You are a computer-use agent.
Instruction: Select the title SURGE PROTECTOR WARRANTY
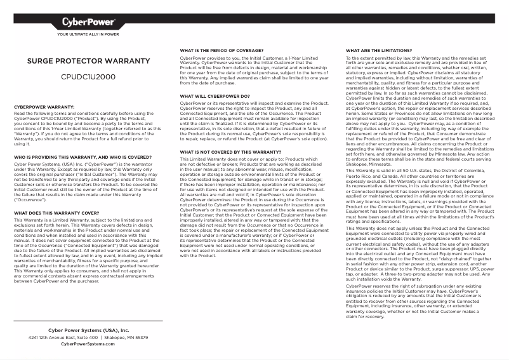pos(88,62)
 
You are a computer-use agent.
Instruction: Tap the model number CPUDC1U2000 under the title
pos(88,76)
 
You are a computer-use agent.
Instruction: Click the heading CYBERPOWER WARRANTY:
pos(44,107)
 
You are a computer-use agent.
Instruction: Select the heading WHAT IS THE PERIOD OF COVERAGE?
pos(221,50)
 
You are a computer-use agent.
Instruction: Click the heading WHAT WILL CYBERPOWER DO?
pos(215,97)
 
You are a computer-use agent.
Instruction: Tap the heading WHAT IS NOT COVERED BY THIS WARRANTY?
pos(226,152)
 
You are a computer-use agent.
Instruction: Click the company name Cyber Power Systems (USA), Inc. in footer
pos(88,331)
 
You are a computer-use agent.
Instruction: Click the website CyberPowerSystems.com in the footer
pos(88,344)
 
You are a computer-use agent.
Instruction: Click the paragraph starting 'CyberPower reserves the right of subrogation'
pos(419,302)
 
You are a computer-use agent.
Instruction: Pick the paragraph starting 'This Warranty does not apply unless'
pos(419,254)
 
